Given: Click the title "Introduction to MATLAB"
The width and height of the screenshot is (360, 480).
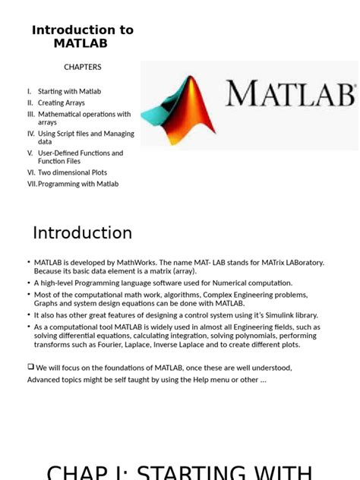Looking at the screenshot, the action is tap(82, 36).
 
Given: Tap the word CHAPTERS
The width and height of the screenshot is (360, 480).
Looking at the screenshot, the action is tap(82, 67).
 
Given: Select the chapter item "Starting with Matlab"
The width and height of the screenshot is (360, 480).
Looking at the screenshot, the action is tap(69, 91).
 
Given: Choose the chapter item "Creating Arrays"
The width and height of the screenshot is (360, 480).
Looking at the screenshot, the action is tap(62, 103).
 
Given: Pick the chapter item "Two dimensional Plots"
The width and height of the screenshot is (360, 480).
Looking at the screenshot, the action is tap(73, 172).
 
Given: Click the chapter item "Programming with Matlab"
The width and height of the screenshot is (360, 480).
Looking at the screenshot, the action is tap(78, 184).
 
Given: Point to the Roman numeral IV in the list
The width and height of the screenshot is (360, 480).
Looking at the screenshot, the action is tap(31, 134).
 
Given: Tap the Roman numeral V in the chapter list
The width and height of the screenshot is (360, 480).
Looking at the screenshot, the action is tap(30, 153).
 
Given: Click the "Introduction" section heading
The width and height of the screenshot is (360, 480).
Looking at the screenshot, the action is tap(82, 232).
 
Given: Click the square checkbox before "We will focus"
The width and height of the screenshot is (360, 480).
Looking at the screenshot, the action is tap(30, 367).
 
